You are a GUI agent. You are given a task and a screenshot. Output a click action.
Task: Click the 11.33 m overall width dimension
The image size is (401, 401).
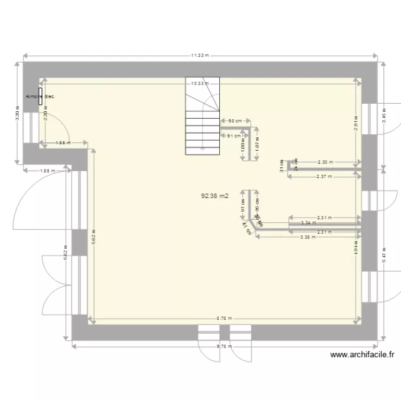pyautogui.click(x=199, y=55)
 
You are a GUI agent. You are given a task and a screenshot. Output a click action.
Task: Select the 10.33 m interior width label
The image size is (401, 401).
pyautogui.click(x=199, y=83)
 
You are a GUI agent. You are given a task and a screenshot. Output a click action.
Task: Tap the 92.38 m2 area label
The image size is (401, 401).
pyautogui.click(x=214, y=196)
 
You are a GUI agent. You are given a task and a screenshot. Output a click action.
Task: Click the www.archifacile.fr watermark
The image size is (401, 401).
pyautogui.click(x=362, y=354)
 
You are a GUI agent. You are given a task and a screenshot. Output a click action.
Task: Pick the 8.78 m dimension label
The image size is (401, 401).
pyautogui.click(x=224, y=318)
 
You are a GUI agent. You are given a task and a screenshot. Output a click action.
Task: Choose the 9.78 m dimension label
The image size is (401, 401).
pyautogui.click(x=224, y=346)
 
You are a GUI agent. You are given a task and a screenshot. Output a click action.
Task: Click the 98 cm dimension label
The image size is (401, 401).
pyautogui.click(x=235, y=121)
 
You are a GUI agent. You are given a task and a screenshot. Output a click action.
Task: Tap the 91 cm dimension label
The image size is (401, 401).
pyautogui.click(x=234, y=136)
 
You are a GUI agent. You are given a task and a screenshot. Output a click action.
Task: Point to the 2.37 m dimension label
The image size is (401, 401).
pyautogui.click(x=324, y=176)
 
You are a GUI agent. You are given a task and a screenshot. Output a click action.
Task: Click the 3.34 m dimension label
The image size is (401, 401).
pyautogui.click(x=308, y=222)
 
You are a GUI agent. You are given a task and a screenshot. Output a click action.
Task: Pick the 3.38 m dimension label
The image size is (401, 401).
pyautogui.click(x=308, y=237)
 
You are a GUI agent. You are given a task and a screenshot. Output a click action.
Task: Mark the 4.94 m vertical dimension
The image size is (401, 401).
pyautogui.click(x=356, y=249)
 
